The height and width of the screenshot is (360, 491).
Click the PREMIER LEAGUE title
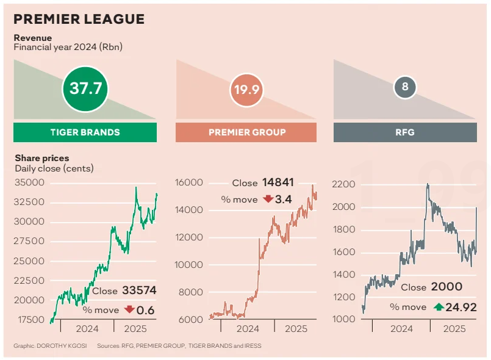coord(79,19)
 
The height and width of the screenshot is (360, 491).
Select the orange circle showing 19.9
coord(246,90)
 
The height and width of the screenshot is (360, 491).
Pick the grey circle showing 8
coord(404,88)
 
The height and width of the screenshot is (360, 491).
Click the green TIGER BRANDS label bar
coord(85,132)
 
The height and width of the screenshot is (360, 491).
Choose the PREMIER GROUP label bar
coord(246,132)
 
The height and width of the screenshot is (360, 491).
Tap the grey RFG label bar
coord(405,132)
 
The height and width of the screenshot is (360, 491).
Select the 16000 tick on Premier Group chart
coord(188,182)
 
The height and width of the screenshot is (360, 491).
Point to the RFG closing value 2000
coord(446,287)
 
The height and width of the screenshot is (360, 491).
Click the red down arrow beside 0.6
coord(129,310)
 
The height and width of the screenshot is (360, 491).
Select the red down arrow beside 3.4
coord(268,199)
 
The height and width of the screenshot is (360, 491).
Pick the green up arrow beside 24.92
coord(439,307)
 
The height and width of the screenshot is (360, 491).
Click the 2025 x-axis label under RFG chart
coord(454,328)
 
